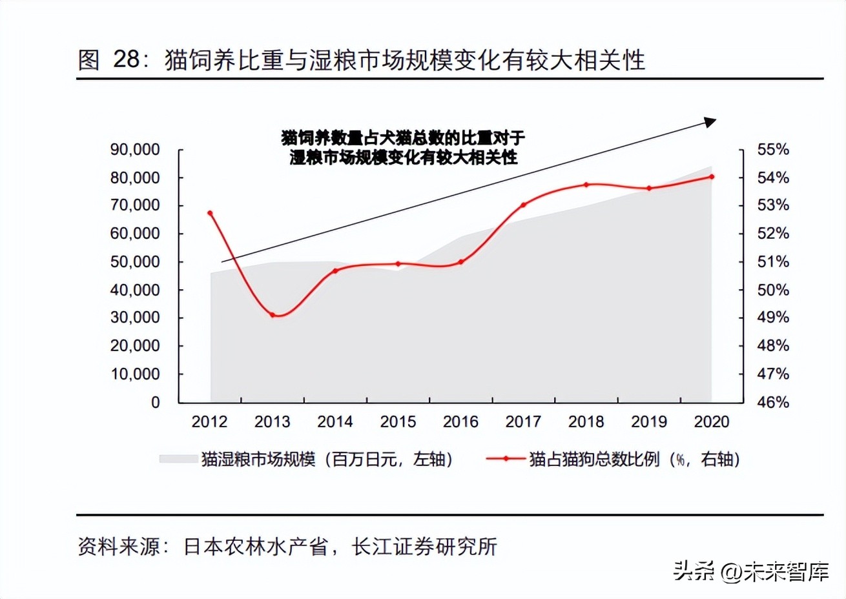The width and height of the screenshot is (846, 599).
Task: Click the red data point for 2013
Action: (273, 315)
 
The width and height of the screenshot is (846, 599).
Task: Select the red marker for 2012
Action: (210, 213)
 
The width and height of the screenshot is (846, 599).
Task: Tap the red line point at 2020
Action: (712, 176)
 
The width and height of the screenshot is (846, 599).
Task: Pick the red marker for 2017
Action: (523, 205)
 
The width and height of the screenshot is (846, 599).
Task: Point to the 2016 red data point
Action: (460, 262)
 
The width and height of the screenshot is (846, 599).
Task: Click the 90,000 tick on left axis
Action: (135, 149)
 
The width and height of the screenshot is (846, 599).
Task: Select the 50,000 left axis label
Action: (135, 261)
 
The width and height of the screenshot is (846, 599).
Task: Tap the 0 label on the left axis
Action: (155, 402)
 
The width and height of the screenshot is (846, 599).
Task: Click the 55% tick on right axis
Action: (773, 149)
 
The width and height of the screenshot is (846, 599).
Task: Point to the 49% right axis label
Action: (773, 318)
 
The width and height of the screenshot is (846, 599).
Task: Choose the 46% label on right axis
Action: (773, 402)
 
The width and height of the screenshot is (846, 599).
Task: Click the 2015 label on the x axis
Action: (398, 422)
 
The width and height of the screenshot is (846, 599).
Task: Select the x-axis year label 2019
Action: (649, 422)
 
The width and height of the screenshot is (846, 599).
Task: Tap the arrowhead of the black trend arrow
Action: (710, 121)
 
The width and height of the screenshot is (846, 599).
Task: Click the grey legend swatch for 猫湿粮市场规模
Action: (178, 459)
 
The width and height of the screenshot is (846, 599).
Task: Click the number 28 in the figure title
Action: (127, 59)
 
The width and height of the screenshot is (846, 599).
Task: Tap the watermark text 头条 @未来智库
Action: (750, 571)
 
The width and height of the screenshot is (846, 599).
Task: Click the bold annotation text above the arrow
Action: (403, 147)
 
